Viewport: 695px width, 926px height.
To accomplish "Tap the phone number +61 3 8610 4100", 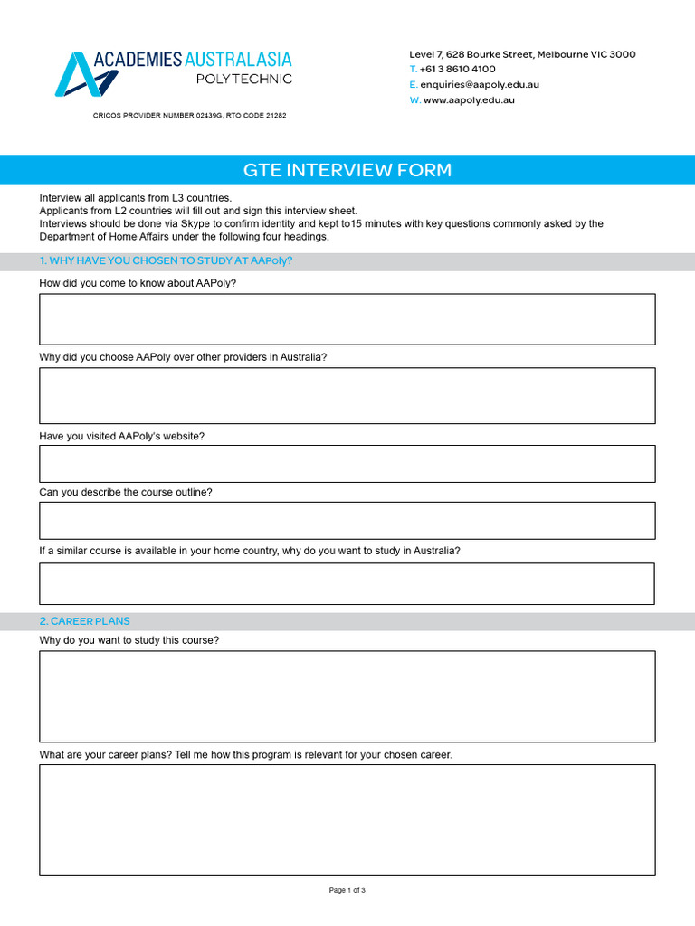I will tap(457, 69).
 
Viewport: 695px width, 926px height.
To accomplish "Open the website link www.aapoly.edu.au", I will tap(469, 100).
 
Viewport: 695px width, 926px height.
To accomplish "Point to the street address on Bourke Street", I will tap(522, 54).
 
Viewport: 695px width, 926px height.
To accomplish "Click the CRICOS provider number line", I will tap(190, 116).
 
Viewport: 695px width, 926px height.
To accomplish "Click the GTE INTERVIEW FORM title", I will tap(347, 170).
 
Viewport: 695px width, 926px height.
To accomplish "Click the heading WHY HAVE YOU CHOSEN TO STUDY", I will tap(167, 261).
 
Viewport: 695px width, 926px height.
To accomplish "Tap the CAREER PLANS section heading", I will tap(85, 621).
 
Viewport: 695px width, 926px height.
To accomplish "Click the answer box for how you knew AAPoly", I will tap(347, 319).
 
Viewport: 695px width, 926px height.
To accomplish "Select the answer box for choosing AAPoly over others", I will tap(347, 395).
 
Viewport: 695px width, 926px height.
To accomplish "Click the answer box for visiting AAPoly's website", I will tap(347, 464).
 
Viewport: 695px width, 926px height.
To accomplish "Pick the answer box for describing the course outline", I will tap(347, 521).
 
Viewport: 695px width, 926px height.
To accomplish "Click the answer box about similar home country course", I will tap(347, 584).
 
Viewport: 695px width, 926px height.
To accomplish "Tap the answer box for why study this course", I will tap(347, 696).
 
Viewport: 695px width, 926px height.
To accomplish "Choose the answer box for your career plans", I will tap(347, 820).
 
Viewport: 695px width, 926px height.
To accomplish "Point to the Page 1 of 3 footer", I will tap(347, 891).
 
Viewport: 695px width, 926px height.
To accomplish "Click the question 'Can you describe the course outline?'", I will tap(126, 493).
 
